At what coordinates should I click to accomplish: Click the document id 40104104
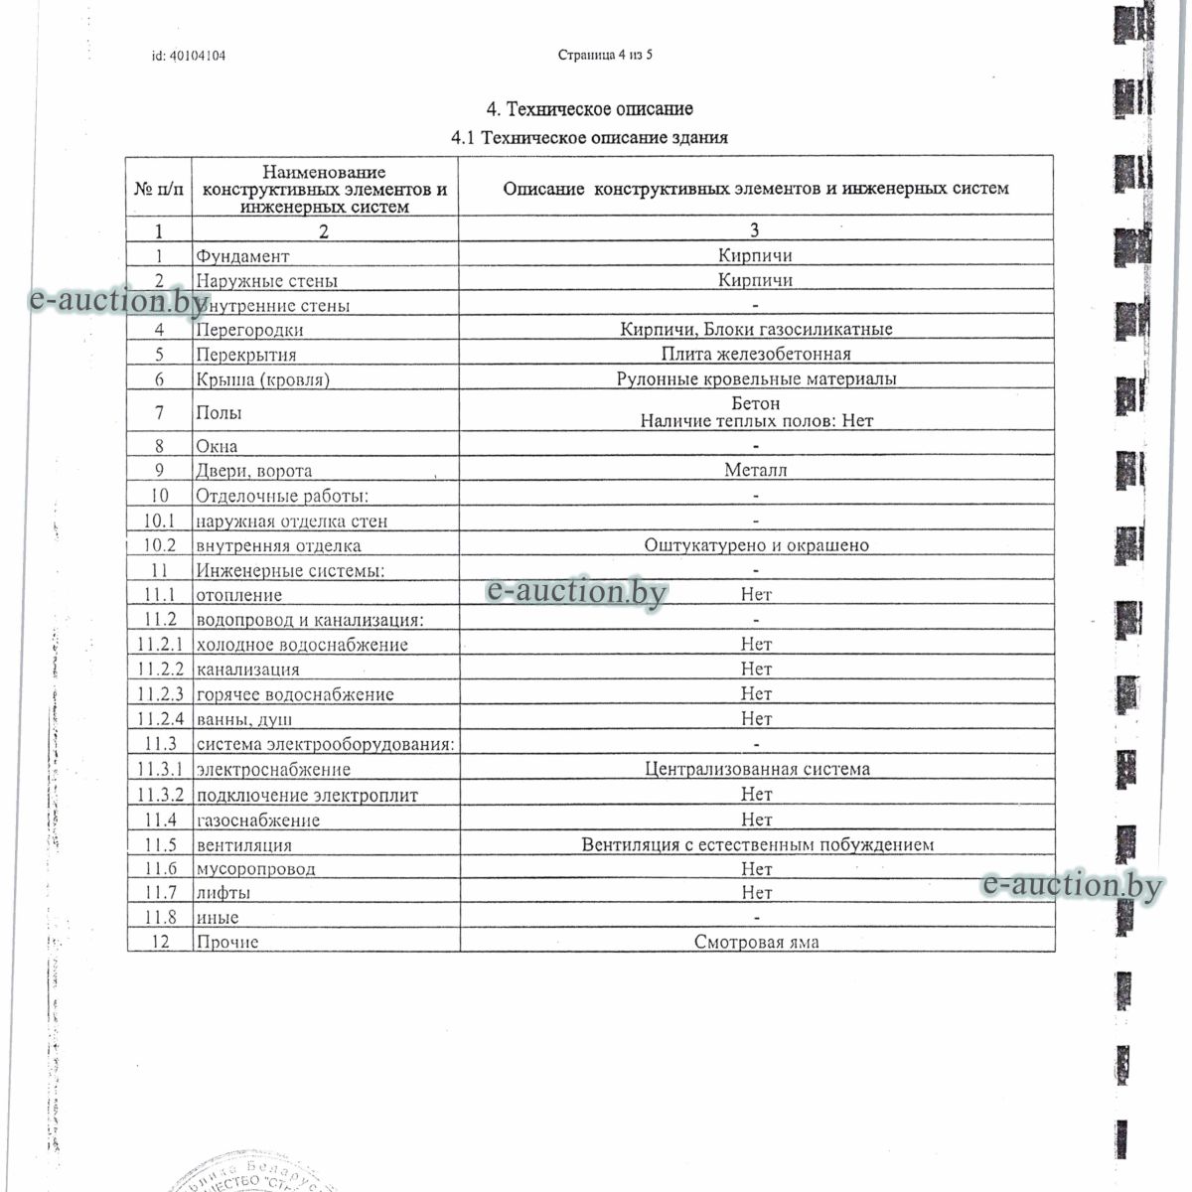tap(189, 56)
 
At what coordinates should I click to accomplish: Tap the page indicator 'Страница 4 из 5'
tap(605, 55)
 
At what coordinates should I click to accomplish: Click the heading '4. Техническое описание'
tap(589, 109)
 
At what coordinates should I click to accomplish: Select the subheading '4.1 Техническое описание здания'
tap(589, 138)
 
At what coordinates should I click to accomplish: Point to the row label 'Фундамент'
tap(243, 256)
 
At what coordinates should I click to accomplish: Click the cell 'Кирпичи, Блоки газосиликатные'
tap(756, 330)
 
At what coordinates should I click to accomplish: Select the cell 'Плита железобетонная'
tap(756, 355)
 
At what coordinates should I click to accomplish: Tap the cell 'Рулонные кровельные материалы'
tap(756, 379)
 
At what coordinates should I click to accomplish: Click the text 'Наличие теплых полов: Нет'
tap(756, 421)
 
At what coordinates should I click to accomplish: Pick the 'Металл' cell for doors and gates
tap(756, 471)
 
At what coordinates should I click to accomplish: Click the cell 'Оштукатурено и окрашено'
tap(756, 545)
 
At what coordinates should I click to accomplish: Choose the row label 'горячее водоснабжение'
tap(295, 694)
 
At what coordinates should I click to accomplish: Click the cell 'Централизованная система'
tap(756, 769)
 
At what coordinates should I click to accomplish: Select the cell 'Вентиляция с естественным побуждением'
tap(756, 845)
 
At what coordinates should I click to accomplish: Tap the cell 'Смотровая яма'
tap(756, 943)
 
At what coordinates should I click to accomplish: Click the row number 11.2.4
tap(160, 719)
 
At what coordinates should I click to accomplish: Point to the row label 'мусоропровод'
tap(256, 869)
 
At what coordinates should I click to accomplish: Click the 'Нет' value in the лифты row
tap(756, 893)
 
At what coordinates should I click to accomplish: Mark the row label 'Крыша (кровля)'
tap(262, 379)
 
